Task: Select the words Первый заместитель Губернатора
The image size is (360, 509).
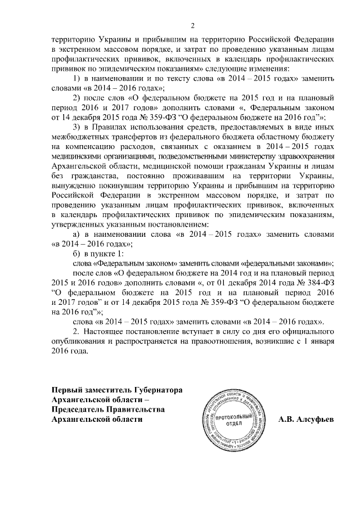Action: (117, 390)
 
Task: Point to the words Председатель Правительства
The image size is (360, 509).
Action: (108, 409)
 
